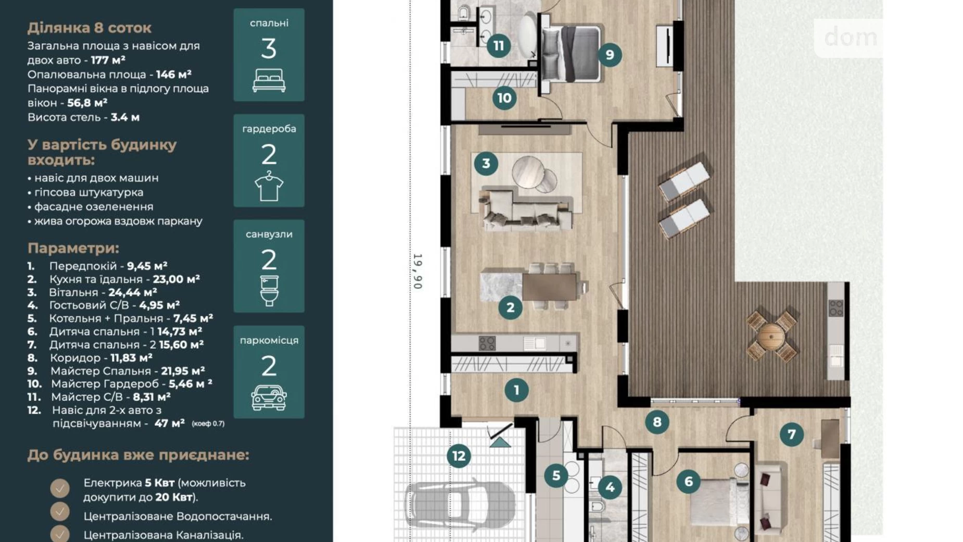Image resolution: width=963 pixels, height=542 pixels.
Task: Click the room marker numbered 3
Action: point(486,164)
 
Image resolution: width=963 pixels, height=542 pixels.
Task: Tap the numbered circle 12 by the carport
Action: point(459,456)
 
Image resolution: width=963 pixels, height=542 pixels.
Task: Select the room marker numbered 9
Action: point(610,55)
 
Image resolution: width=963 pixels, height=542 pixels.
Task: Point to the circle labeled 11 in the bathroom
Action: point(499,46)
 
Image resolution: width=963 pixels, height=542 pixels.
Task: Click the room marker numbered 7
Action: point(791,434)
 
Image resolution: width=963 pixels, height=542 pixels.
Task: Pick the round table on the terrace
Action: point(771,337)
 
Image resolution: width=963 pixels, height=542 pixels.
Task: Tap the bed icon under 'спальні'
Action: point(269,81)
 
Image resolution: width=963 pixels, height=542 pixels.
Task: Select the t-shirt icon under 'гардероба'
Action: point(269,186)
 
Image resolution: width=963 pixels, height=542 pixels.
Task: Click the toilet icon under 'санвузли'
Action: point(269,291)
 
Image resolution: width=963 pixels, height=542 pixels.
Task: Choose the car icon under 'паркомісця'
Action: point(269,398)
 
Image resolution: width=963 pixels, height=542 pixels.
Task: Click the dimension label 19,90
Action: point(417,271)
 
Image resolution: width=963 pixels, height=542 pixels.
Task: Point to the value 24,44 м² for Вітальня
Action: point(132,292)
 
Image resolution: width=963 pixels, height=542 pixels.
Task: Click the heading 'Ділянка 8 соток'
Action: point(89,28)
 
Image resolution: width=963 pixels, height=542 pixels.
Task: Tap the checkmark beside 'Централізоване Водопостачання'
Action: point(60,512)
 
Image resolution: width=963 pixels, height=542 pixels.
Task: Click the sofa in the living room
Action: point(526,211)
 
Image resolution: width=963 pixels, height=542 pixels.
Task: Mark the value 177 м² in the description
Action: point(108,60)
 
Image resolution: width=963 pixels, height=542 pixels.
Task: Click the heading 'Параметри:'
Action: point(73,248)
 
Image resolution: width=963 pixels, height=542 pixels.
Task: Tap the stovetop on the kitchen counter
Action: point(487,343)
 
